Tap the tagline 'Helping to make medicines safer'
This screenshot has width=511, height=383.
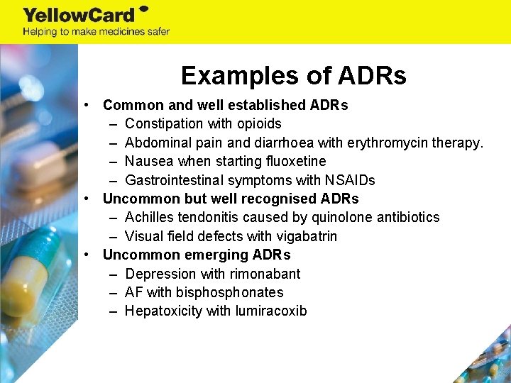point(96,32)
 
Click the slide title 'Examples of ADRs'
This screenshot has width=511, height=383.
point(293,75)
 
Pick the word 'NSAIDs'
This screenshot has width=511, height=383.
point(351,180)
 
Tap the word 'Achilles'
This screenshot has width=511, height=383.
point(148,217)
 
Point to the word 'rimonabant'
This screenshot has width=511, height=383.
point(265,274)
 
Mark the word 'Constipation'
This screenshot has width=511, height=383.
point(163,124)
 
